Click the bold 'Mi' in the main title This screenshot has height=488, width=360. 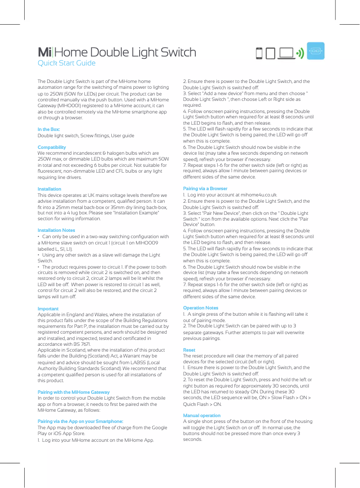44,52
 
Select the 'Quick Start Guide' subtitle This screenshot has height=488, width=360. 66,63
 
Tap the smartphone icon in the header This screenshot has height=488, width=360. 259,53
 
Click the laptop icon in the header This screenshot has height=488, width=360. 286,53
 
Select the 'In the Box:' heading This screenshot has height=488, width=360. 49,130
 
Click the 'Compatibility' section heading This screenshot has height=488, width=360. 52,148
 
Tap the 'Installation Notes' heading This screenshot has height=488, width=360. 56,231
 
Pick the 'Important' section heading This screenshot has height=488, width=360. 48,309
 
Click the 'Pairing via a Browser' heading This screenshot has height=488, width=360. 205,189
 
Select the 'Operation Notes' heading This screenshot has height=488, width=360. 201,308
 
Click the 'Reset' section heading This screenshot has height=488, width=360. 189,349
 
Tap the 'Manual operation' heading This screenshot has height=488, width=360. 202,416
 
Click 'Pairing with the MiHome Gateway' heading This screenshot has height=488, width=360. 74,392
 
